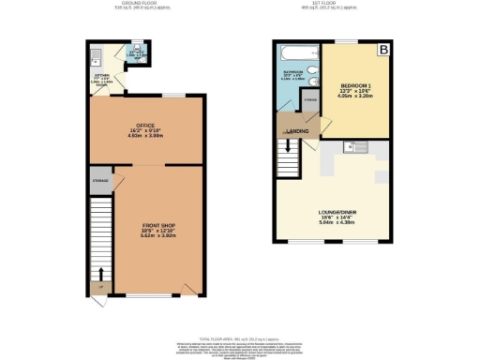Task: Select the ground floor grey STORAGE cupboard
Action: click(100, 181)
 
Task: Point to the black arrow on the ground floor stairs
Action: click(101, 274)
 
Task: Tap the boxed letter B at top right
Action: click(382, 49)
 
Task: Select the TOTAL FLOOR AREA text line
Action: click(240, 335)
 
